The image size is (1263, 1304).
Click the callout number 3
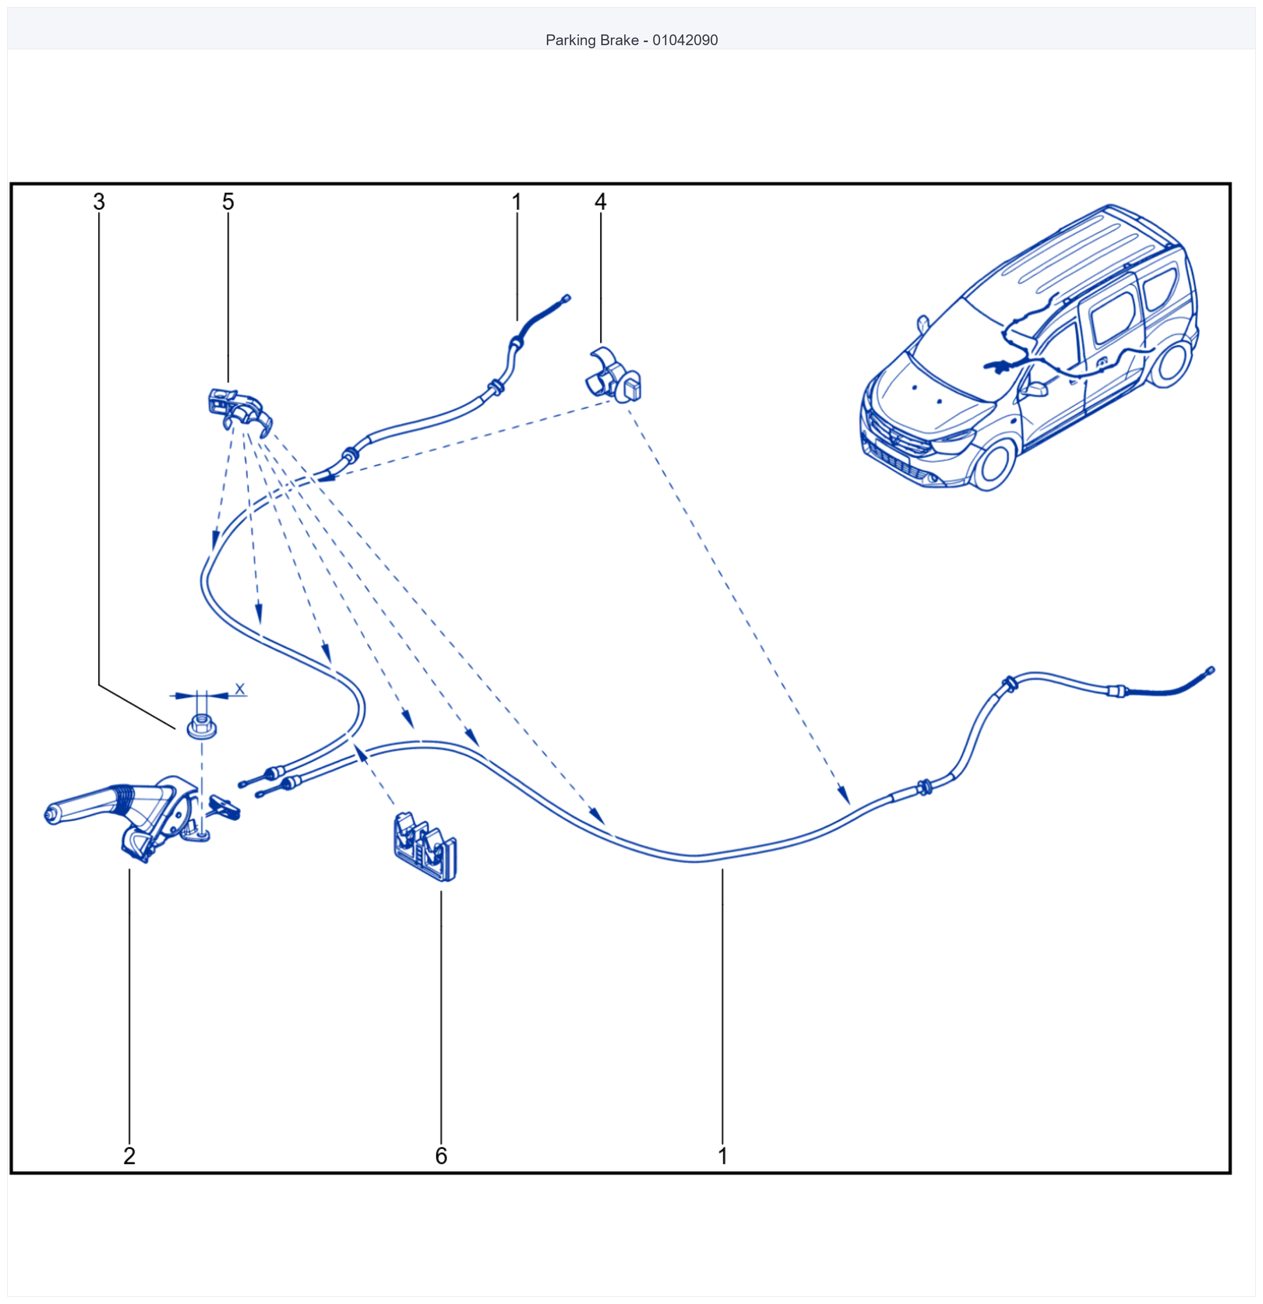[x=99, y=202]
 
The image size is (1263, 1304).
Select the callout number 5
[x=228, y=202]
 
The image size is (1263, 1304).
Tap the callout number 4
[x=600, y=202]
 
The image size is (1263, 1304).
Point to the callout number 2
[x=130, y=1156]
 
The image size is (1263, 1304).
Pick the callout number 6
[x=441, y=1156]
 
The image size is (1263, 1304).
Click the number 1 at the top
[x=517, y=202]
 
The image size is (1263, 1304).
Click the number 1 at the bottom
[x=723, y=1156]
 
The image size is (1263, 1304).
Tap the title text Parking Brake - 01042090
[x=631, y=40]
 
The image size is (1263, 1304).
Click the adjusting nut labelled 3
[x=202, y=726]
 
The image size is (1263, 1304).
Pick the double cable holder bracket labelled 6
[x=425, y=846]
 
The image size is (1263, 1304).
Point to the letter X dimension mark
[x=240, y=688]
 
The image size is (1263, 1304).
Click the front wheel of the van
[x=993, y=463]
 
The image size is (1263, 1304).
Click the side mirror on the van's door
[x=1035, y=389]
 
